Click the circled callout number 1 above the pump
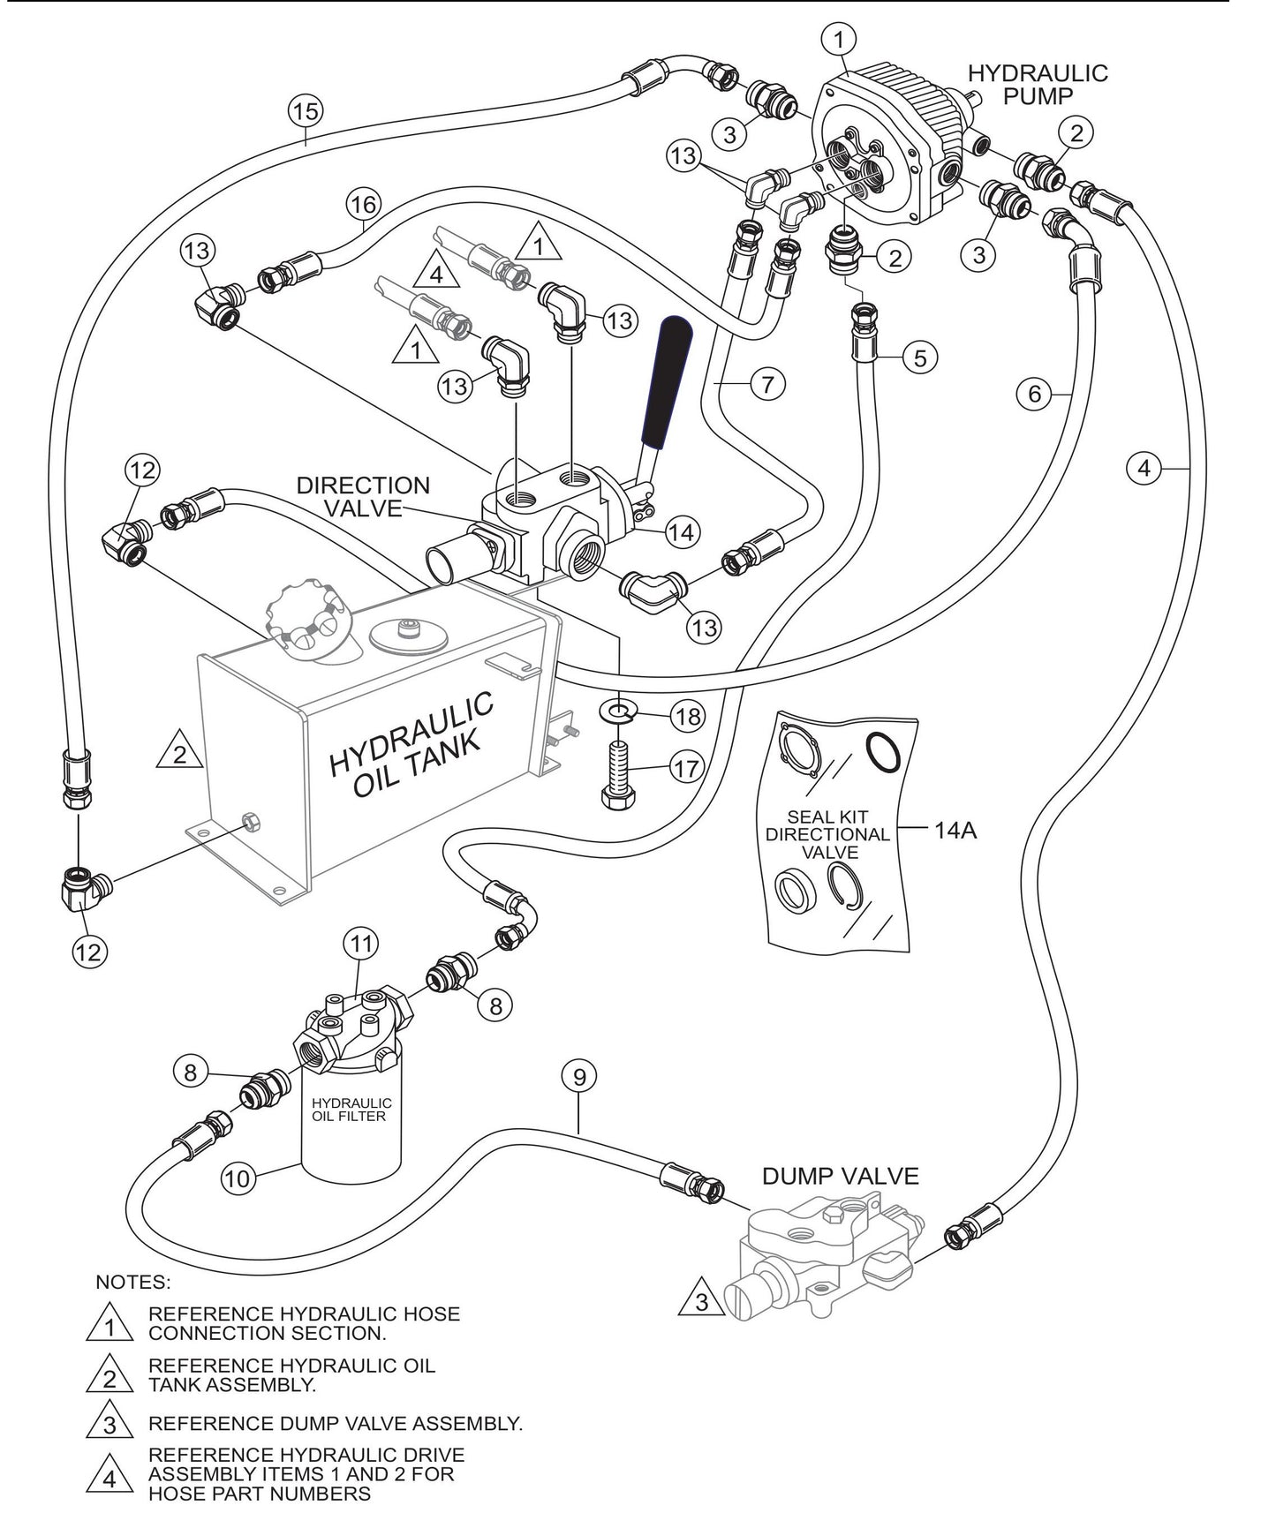839,38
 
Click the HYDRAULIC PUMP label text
1038,84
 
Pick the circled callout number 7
767,385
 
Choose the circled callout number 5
920,358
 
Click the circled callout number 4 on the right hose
1144,469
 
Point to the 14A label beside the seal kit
955,830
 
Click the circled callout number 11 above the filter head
360,944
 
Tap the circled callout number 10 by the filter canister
238,1178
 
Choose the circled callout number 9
579,1077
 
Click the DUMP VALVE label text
840,1176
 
